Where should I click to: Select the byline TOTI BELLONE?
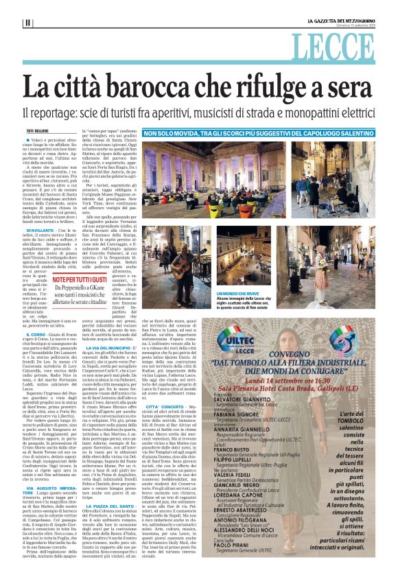38,130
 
